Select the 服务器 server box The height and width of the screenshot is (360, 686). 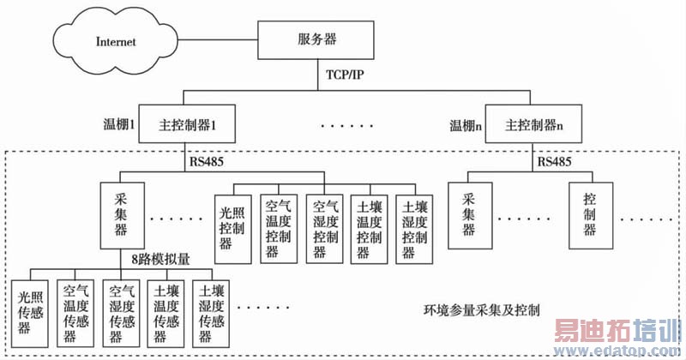[x=316, y=40]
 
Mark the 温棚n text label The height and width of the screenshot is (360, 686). [x=466, y=125]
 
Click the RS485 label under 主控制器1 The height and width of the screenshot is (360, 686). [x=208, y=160]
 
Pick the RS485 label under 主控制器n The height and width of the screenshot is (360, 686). [x=556, y=160]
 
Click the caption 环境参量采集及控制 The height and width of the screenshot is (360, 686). [x=481, y=309]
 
